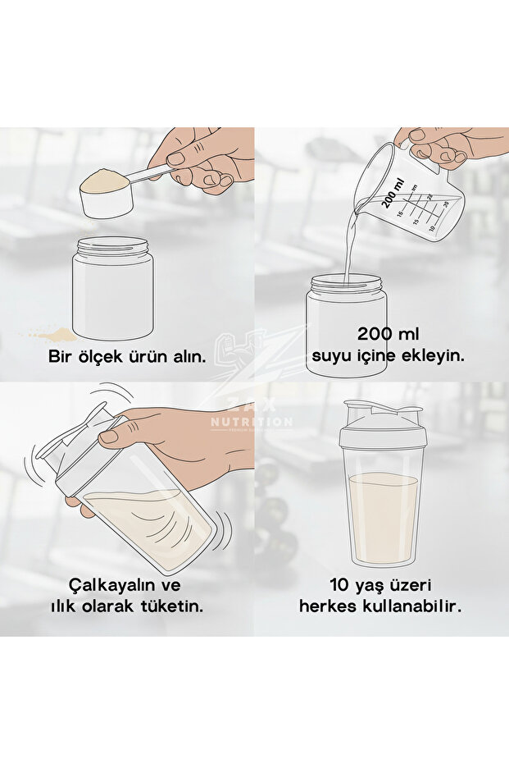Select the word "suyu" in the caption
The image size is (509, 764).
point(330,357)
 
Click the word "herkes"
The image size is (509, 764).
point(325,607)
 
